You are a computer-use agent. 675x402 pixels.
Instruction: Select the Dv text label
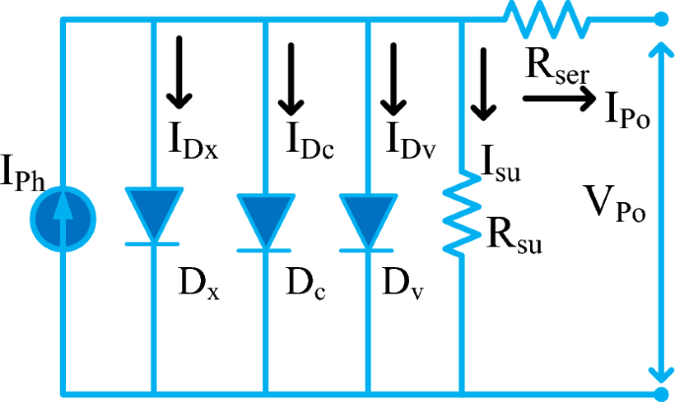pos(404,282)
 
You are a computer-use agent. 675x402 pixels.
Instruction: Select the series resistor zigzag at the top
pos(545,17)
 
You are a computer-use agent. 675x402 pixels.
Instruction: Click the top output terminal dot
pos(659,18)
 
